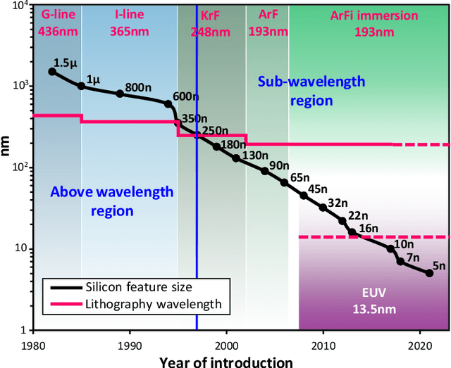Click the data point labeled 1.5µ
tap(51, 72)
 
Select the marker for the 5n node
tap(429, 273)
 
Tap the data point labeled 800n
tap(120, 94)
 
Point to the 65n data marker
tap(284, 182)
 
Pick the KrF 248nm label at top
tap(210, 23)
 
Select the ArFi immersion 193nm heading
tap(375, 21)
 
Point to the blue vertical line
tap(197, 211)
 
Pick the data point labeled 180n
tap(216, 146)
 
